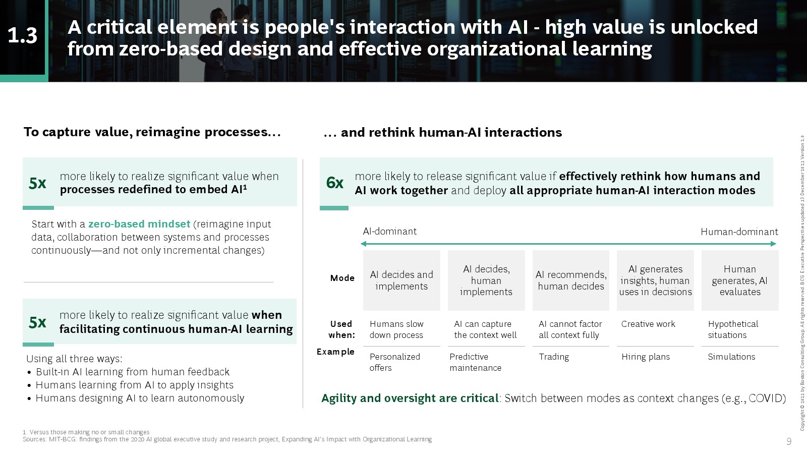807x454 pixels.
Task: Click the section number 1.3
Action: click(x=22, y=35)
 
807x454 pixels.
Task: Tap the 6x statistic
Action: click(x=335, y=183)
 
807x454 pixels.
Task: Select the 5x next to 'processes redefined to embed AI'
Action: click(x=37, y=184)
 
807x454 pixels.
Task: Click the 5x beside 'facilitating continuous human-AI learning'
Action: click(x=37, y=322)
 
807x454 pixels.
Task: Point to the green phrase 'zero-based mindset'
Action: click(x=139, y=224)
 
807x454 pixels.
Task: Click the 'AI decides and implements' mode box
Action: click(x=401, y=280)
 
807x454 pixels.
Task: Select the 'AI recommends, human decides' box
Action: click(x=570, y=280)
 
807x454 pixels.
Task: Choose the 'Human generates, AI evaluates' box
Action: click(x=739, y=280)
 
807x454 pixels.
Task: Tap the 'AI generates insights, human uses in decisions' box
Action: click(x=655, y=280)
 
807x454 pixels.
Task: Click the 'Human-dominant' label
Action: click(x=739, y=232)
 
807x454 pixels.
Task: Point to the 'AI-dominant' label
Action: click(x=389, y=232)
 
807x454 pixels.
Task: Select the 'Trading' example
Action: click(x=554, y=357)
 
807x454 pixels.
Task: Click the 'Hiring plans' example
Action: click(x=646, y=357)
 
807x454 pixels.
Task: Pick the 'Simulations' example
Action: click(x=731, y=357)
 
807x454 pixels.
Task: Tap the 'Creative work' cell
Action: click(x=648, y=324)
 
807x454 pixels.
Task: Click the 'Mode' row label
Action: click(x=342, y=278)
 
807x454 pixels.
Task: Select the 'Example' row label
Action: click(x=335, y=352)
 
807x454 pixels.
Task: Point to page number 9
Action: click(x=789, y=441)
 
